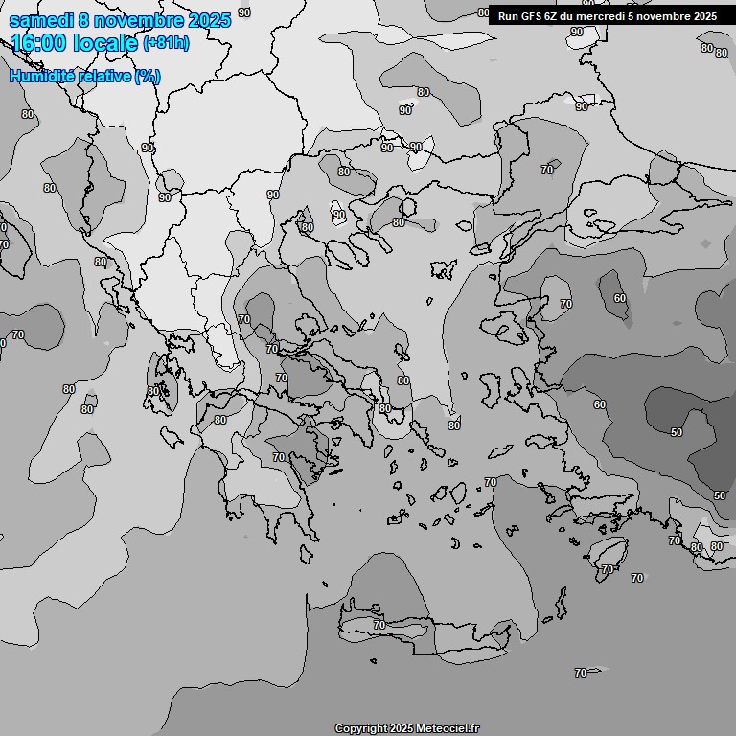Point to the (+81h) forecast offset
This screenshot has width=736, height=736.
(x=167, y=43)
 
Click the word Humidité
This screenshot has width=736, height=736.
(x=38, y=77)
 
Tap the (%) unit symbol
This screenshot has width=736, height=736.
(x=148, y=77)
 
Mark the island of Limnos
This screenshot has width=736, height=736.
(x=444, y=269)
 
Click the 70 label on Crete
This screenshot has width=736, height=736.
(x=379, y=625)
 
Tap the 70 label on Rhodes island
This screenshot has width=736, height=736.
(x=607, y=569)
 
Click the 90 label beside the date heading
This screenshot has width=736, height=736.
(x=243, y=12)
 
